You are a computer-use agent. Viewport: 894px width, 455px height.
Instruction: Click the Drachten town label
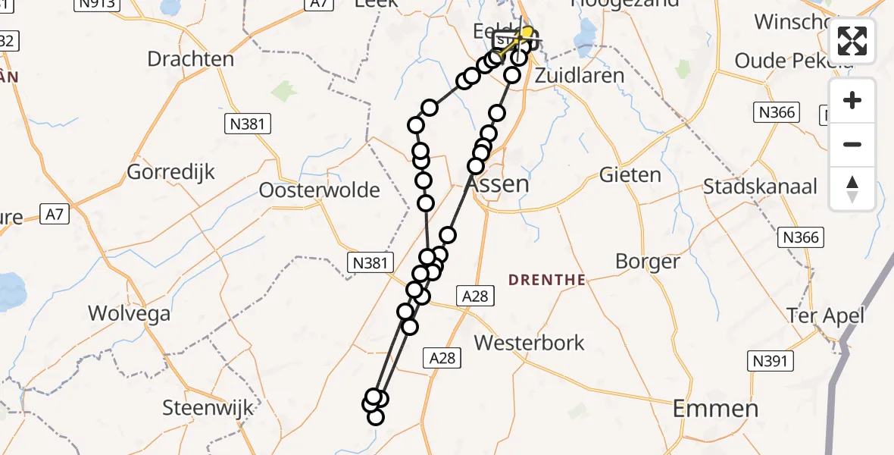(191, 59)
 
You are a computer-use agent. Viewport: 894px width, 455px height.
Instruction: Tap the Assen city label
(497, 184)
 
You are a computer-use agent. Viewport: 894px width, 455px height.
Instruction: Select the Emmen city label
(716, 409)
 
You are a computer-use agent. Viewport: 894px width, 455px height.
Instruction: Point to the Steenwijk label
(208, 408)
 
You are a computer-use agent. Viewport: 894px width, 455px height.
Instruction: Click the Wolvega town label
(130, 313)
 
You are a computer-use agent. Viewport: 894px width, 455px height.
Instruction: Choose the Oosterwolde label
(319, 190)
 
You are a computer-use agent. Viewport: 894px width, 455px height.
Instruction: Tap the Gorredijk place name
(170, 172)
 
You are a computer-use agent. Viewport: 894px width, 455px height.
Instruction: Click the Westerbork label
(530, 343)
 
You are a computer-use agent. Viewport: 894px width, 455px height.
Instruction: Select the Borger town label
(648, 262)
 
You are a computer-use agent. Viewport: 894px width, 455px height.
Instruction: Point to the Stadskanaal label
(761, 187)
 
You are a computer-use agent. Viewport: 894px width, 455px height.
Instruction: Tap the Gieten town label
(630, 174)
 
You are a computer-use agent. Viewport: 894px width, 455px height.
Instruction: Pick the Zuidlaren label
(580, 76)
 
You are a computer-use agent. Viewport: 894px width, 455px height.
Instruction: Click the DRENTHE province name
(548, 280)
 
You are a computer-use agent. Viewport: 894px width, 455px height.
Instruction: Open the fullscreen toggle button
(852, 41)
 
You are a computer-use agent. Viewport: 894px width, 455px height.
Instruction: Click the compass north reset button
(852, 189)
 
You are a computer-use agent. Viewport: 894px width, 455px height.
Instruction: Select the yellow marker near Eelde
(527, 33)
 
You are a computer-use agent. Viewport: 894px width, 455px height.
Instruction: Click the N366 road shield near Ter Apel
(802, 238)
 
